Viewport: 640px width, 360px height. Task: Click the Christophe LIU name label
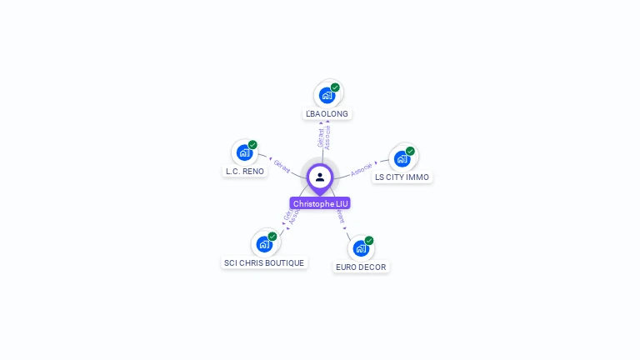320,203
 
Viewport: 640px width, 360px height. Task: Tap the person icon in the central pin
320,177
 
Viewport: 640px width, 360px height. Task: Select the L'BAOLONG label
327,113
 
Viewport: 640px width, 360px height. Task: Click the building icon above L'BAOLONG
327,95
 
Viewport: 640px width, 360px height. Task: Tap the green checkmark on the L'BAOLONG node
335,87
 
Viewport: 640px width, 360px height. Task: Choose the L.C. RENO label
245,172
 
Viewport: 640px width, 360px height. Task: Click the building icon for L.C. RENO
244,152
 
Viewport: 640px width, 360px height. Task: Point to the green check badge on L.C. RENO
252,145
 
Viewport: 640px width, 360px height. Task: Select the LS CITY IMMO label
402,177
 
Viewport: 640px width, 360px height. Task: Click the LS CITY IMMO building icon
402,158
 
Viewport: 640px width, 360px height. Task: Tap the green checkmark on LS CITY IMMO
410,151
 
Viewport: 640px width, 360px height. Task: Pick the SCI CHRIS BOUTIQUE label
264,263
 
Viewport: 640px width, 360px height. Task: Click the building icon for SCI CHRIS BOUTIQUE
264,244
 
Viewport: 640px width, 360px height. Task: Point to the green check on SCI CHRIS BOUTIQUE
272,237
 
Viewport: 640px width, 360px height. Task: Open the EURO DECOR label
361,267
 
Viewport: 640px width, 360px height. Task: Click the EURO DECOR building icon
360,248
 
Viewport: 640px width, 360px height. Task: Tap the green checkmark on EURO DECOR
368,241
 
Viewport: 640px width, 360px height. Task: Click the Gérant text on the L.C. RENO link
282,166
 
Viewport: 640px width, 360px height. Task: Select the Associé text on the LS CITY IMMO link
362,168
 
